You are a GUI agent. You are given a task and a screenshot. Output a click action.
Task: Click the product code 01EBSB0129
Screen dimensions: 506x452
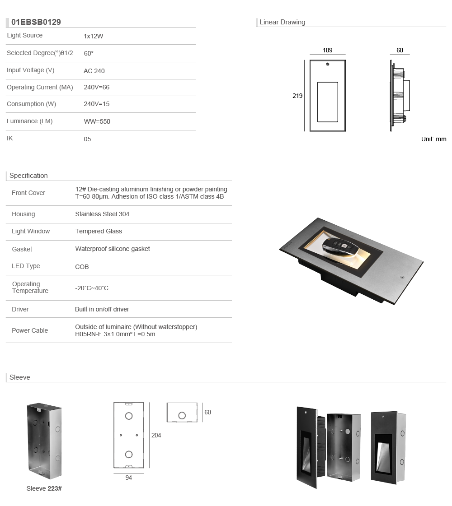tap(36, 22)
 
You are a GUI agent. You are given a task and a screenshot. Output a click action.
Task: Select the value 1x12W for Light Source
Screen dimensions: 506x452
tap(94, 36)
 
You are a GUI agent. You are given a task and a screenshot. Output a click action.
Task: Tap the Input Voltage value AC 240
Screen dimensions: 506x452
tap(94, 71)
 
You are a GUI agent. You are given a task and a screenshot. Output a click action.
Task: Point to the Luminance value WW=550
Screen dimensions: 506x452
tap(97, 121)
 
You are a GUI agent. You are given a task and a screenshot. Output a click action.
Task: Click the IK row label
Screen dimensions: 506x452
tap(10, 138)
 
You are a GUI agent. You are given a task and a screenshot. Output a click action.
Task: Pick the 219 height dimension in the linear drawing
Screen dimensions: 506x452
tap(297, 96)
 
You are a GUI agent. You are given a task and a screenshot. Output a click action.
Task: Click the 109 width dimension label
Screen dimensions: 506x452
tap(328, 51)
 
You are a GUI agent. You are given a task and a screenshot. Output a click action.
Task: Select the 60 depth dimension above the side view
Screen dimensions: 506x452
tap(400, 51)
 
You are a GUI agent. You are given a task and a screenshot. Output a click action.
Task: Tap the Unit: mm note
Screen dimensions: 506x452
tap(433, 139)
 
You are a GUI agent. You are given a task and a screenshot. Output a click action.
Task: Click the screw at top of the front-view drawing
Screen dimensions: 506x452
tap(328, 64)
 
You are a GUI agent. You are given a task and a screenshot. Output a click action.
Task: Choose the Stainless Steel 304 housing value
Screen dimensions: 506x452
tap(102, 214)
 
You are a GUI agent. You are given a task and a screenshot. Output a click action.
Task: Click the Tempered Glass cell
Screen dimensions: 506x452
tap(99, 231)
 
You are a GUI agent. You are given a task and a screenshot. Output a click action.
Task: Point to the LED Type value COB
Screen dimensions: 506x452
tap(82, 267)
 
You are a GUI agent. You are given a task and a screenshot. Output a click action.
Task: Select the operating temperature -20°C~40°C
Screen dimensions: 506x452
tap(92, 288)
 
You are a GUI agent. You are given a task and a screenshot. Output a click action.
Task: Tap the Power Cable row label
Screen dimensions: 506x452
tap(30, 330)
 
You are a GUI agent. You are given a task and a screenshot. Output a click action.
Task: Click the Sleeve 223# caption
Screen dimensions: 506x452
tap(44, 488)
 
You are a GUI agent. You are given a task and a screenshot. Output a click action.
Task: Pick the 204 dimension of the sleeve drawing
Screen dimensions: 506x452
tap(156, 435)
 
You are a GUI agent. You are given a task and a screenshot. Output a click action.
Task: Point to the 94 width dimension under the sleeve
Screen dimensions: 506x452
tap(128, 478)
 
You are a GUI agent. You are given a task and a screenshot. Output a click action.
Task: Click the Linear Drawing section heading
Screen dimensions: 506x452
tap(282, 22)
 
